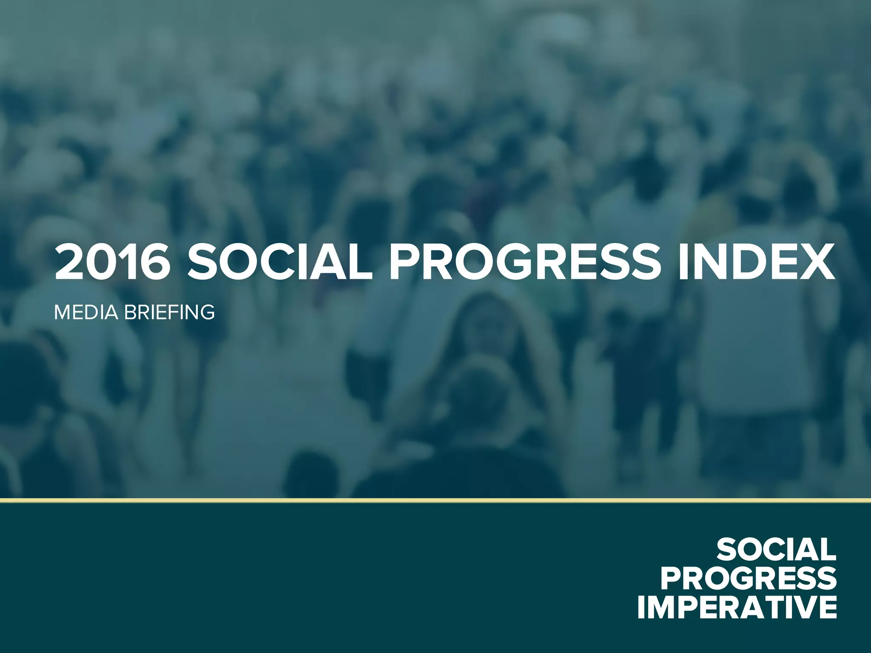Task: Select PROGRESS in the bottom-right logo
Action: coord(749,579)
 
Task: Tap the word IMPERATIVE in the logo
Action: coord(737,608)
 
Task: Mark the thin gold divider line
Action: coord(435,500)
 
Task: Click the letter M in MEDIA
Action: coord(63,312)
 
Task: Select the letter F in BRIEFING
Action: coord(172,312)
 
